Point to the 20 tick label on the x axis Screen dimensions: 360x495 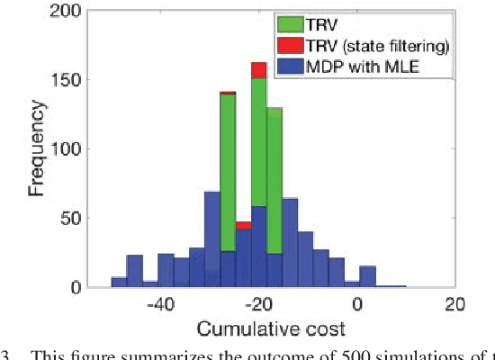454,305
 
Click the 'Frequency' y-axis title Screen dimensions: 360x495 36,149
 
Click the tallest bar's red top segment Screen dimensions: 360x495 258,70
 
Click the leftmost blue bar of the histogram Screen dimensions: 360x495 119,282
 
